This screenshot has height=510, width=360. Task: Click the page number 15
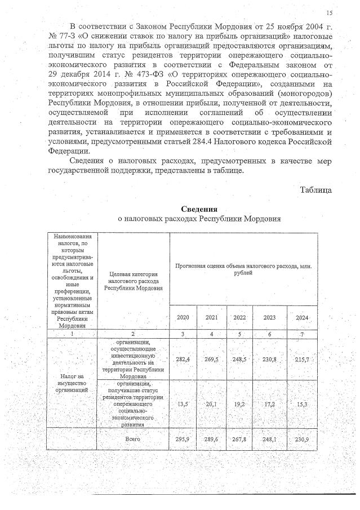[x=329, y=13]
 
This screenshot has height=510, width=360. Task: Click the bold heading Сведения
[x=199, y=209]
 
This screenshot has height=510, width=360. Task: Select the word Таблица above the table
[x=315, y=190]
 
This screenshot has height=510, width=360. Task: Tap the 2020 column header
[x=183, y=318]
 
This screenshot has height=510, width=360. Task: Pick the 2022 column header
[x=239, y=318]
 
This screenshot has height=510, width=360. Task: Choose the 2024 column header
[x=303, y=318]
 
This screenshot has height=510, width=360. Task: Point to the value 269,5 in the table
[x=211, y=358]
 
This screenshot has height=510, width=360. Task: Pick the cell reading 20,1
[x=211, y=403]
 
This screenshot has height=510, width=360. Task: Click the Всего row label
[x=133, y=438]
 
